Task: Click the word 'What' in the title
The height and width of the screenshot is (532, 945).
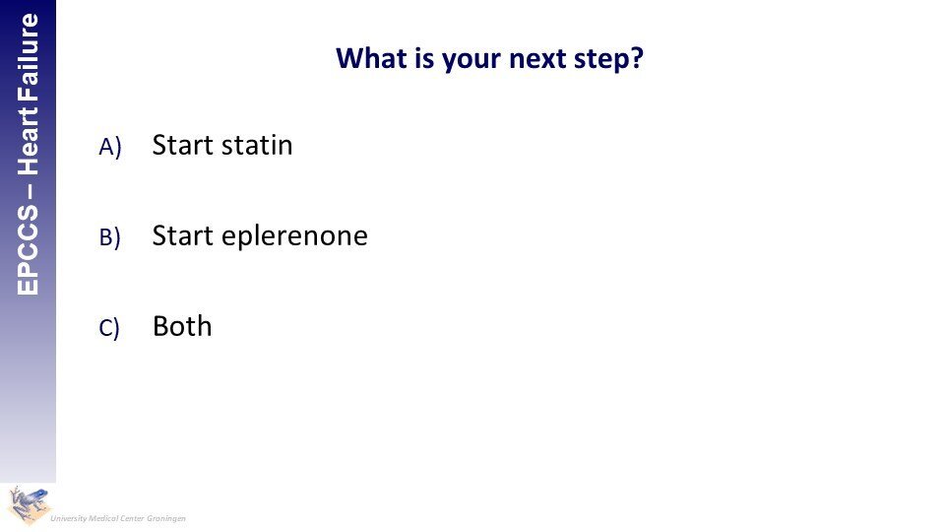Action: click(371, 58)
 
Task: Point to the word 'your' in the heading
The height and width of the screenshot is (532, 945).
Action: click(472, 61)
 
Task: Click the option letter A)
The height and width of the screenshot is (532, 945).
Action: click(110, 147)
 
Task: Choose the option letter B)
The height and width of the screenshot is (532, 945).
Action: click(109, 237)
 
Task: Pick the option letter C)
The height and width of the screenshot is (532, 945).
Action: click(109, 327)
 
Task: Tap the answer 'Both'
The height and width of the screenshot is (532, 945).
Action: click(182, 326)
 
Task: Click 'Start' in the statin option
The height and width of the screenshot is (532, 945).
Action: click(183, 146)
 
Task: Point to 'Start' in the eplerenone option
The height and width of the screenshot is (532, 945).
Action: click(183, 235)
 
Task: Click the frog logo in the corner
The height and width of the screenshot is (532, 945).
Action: click(28, 505)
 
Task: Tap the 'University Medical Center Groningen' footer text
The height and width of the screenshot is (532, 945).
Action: click(118, 518)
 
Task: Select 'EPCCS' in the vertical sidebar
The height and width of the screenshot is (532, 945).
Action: click(28, 249)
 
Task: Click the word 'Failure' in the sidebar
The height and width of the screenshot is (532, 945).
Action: click(29, 50)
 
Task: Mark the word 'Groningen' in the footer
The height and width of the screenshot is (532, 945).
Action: click(166, 519)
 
